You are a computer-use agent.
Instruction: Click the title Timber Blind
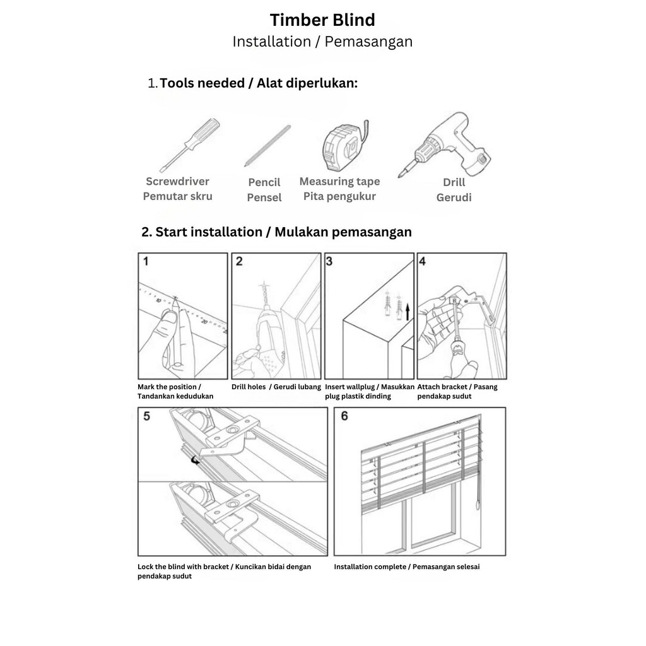(x=322, y=20)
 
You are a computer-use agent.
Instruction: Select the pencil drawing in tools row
(x=267, y=145)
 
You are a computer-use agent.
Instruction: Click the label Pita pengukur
(x=339, y=196)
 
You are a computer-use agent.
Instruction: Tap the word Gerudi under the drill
(x=454, y=197)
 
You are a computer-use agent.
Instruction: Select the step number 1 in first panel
(x=146, y=261)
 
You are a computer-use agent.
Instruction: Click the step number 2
(x=238, y=261)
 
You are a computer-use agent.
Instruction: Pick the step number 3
(x=329, y=261)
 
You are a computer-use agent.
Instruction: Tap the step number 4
(x=423, y=261)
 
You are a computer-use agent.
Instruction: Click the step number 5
(x=146, y=416)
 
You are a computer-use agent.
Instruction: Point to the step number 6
(x=344, y=416)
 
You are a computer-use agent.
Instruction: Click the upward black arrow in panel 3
(x=408, y=311)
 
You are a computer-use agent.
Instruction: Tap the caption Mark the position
(x=169, y=387)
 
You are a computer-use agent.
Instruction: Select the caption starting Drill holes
(x=276, y=387)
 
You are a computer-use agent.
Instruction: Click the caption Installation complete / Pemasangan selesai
(x=407, y=567)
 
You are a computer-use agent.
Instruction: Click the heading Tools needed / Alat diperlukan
(x=259, y=83)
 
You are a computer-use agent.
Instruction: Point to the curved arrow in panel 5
(x=196, y=461)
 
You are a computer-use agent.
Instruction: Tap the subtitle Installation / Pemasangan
(x=322, y=42)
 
